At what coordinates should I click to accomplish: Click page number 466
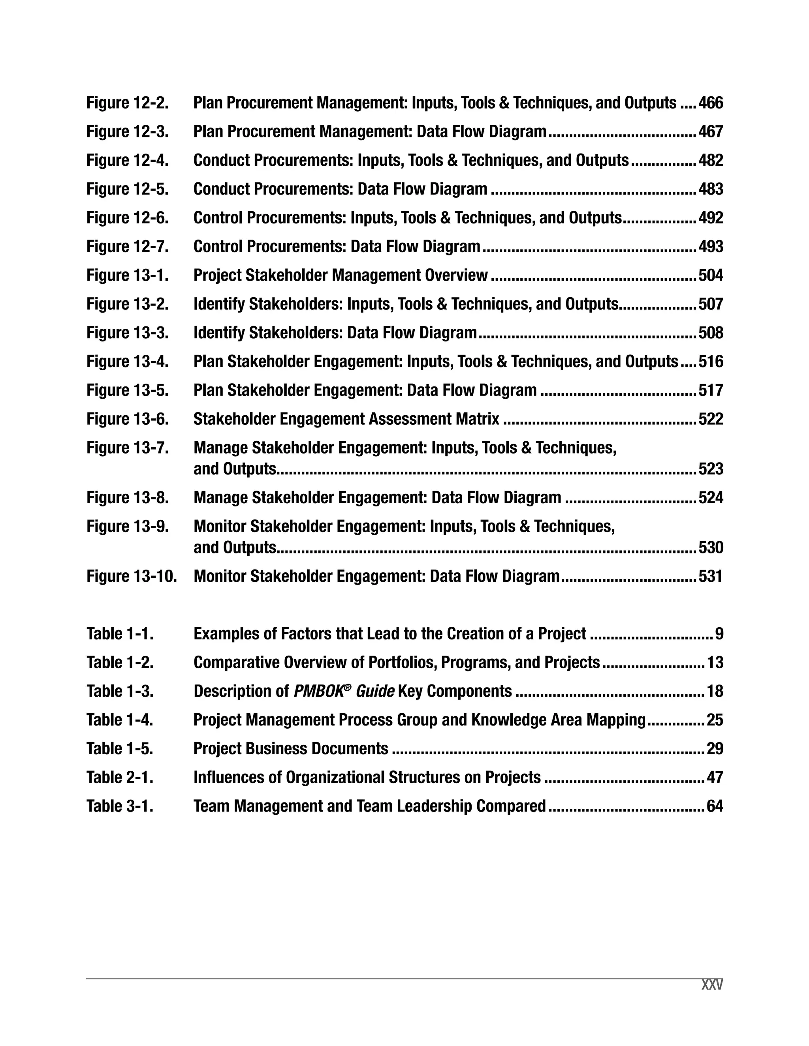point(710,103)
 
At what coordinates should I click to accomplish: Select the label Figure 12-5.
point(128,189)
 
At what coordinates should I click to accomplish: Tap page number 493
point(710,247)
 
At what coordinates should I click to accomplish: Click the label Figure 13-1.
point(128,276)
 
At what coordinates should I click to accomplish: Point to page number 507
point(710,304)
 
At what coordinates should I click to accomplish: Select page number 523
point(710,469)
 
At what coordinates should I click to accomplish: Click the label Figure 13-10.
point(132,576)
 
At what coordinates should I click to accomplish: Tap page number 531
point(710,576)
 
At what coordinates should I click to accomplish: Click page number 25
point(715,720)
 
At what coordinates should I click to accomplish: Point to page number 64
point(715,806)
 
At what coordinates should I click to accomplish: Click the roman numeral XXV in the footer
point(712,985)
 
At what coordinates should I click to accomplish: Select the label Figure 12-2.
point(128,103)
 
